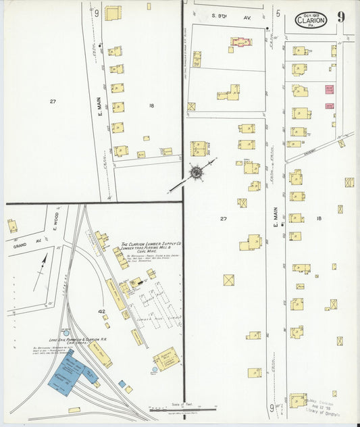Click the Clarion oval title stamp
311,20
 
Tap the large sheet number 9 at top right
341,16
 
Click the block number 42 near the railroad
102,311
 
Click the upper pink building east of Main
329,89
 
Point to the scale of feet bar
182,408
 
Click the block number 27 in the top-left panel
52,101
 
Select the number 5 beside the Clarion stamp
278,12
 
